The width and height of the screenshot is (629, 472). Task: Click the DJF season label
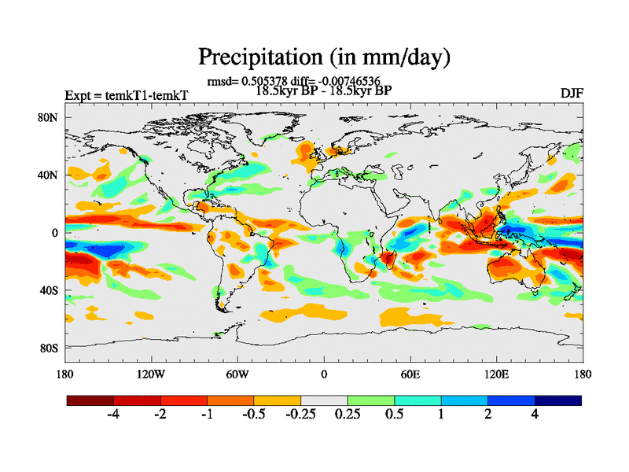(572, 93)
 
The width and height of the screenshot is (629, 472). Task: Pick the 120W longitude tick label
(150, 374)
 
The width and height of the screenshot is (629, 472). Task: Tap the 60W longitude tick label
(237, 374)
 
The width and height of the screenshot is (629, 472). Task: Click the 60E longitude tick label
(410, 374)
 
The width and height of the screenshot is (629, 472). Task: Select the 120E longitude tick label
(496, 374)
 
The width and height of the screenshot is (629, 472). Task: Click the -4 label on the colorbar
(112, 415)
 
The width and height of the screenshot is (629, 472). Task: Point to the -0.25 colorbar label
(300, 415)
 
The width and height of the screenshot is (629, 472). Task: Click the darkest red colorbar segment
(90, 400)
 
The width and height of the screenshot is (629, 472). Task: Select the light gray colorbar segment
(324, 400)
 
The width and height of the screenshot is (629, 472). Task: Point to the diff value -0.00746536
(358, 81)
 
